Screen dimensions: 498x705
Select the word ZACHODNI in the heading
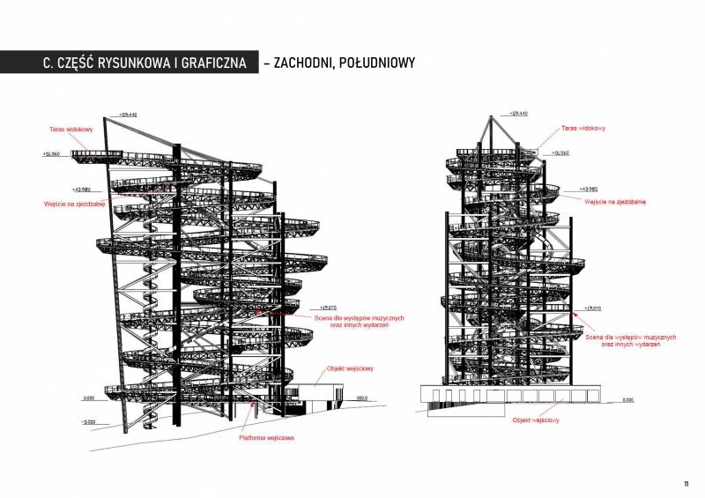(x=303, y=63)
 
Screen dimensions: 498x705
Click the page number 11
(x=685, y=484)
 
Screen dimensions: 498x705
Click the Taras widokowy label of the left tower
(x=71, y=129)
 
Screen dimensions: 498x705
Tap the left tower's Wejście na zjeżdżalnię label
(x=75, y=204)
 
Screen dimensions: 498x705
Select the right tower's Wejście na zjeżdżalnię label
(x=615, y=201)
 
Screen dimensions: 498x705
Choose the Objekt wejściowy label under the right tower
(x=536, y=420)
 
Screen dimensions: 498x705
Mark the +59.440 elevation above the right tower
(x=518, y=114)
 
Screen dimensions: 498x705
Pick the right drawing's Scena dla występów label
(x=631, y=340)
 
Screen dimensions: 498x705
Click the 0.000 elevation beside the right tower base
(x=627, y=399)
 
